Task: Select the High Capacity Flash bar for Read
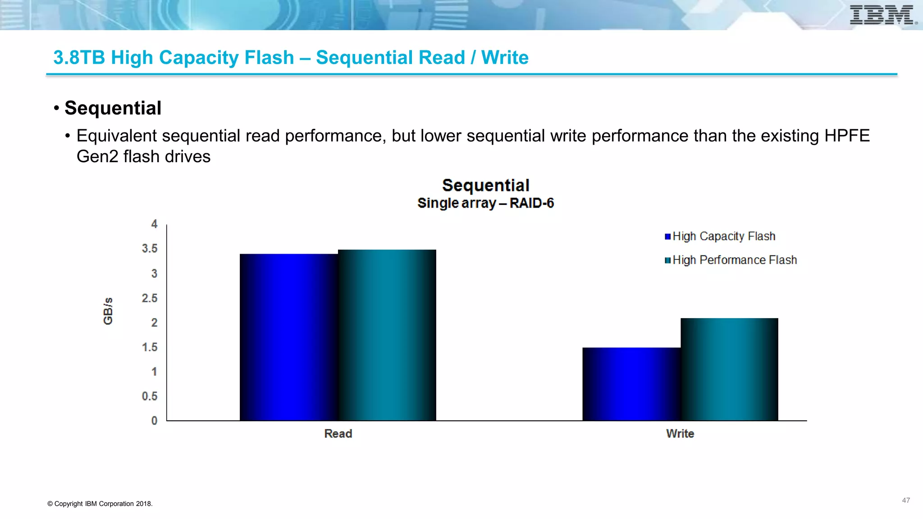point(288,337)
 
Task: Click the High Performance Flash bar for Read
point(387,335)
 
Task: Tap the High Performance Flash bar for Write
point(729,369)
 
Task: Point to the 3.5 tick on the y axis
point(150,249)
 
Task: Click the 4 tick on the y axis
point(154,224)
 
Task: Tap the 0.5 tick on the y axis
point(150,396)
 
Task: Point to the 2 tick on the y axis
point(154,323)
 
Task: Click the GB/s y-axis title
point(108,311)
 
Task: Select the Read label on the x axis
point(338,434)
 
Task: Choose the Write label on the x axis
point(680,434)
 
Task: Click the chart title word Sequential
point(485,186)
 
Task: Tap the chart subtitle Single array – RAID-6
point(485,203)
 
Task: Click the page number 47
point(906,501)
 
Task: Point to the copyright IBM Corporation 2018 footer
point(100,504)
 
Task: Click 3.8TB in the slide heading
point(79,58)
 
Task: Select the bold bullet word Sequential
point(113,108)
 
